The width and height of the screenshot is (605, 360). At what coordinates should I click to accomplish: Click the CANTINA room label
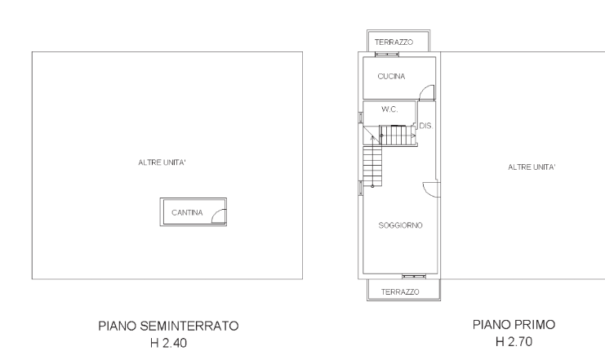click(x=187, y=213)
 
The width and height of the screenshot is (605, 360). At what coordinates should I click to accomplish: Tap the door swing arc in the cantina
click(x=217, y=215)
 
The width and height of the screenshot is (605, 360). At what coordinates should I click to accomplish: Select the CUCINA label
click(x=392, y=77)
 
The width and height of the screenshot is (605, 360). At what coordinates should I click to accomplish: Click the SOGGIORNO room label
click(x=400, y=225)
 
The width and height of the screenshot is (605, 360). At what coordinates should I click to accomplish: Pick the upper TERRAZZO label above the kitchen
click(x=394, y=42)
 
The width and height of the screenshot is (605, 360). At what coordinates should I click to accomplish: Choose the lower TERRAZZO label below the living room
click(x=401, y=291)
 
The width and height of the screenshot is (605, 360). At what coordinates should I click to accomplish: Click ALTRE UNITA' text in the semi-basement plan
click(x=162, y=163)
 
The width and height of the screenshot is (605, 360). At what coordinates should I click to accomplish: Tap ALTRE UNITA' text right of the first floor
click(x=532, y=167)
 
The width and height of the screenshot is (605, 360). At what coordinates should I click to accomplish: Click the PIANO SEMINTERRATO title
click(x=168, y=327)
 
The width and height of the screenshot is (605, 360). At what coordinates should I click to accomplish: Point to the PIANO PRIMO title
click(x=514, y=325)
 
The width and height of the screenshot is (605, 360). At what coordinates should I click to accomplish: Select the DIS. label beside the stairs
click(x=424, y=127)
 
